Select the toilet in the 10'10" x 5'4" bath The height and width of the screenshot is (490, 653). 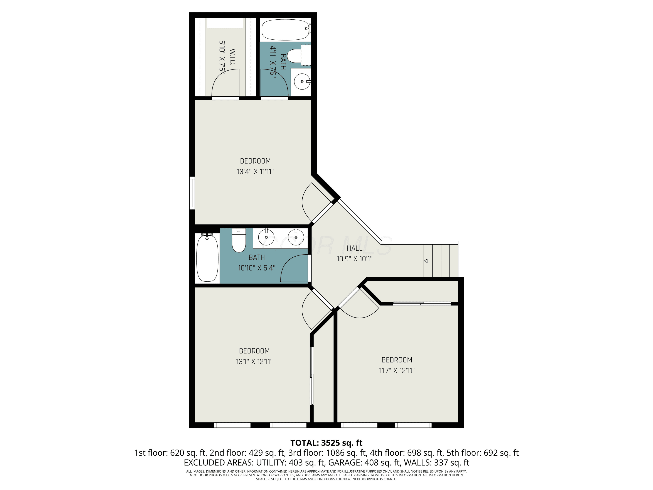coord(239,240)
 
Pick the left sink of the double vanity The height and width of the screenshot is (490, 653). coord(266,237)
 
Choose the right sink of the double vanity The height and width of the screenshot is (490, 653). coord(296,237)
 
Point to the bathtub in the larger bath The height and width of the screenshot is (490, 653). coord(207,258)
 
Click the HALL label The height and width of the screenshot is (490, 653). coord(355,248)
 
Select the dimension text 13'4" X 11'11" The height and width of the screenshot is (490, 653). coord(255,172)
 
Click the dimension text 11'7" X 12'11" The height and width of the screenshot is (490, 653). coord(397,370)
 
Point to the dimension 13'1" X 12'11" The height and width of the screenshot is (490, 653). coord(254,362)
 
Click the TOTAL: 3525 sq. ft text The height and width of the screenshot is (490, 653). coord(326,443)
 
